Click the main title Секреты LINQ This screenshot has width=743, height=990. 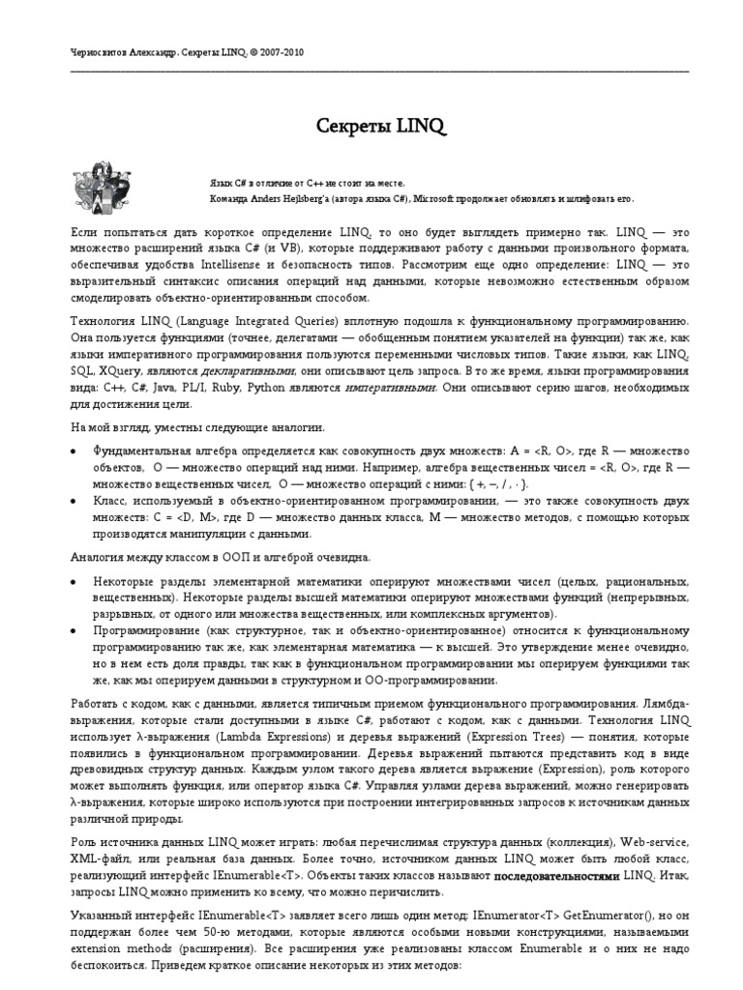click(371, 127)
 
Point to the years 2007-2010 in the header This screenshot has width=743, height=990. click(282, 52)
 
